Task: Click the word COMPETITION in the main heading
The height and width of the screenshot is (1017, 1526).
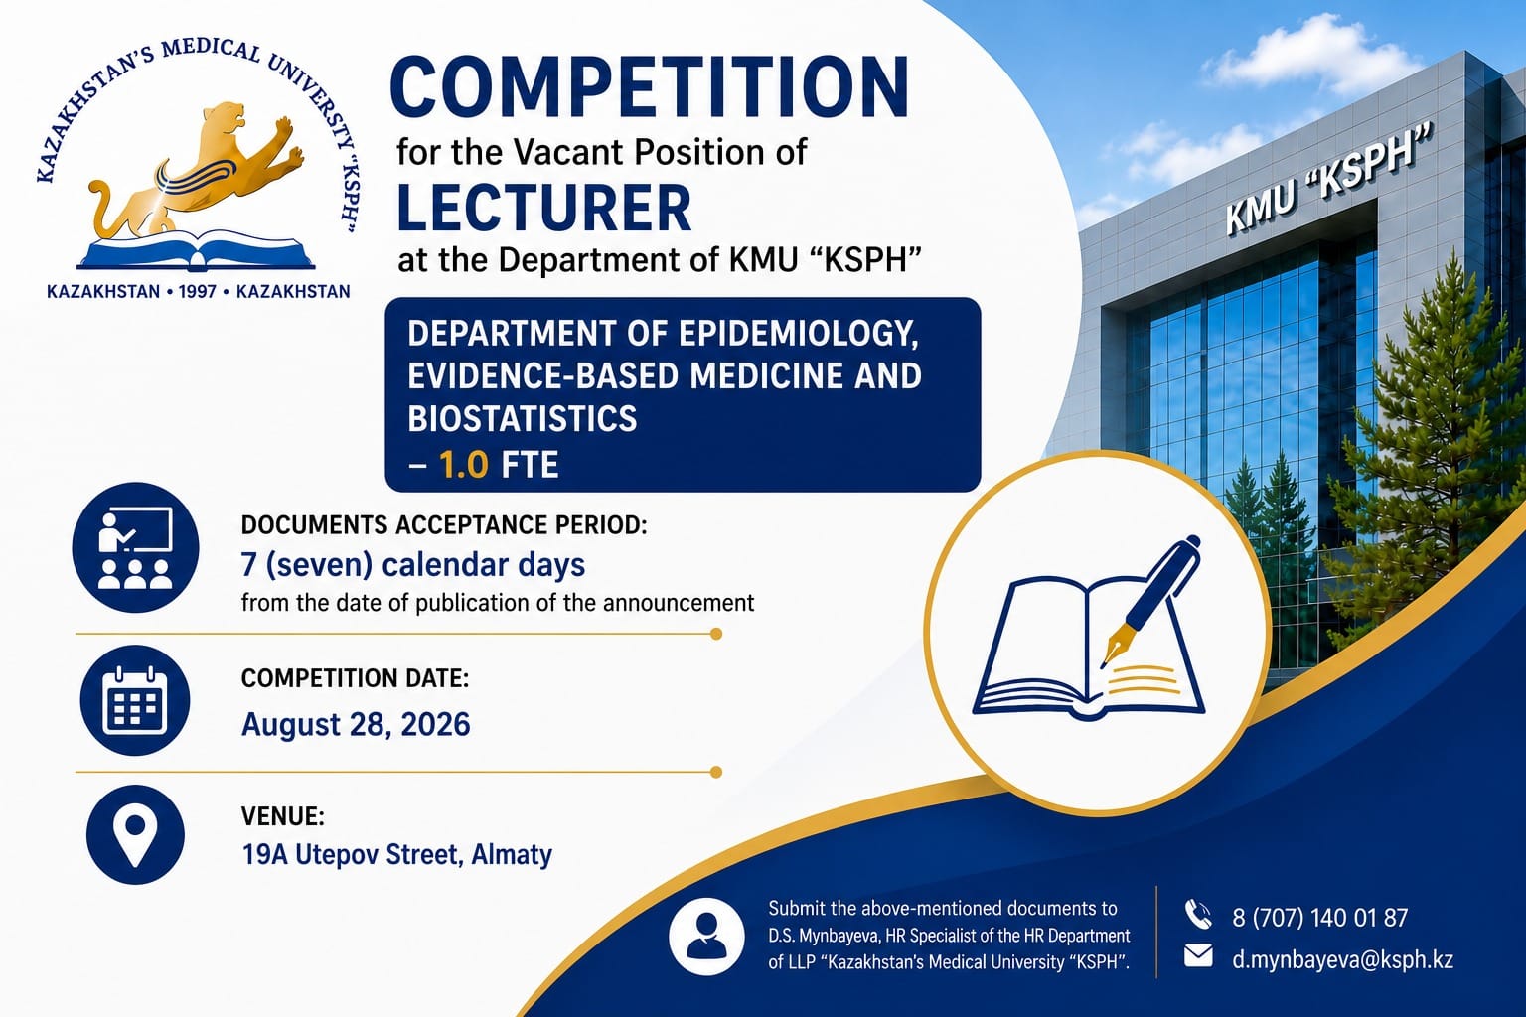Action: click(649, 88)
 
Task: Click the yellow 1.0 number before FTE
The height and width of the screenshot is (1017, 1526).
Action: click(464, 465)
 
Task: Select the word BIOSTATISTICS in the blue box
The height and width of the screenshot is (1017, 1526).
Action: click(522, 418)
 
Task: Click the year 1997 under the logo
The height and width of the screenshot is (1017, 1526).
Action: click(197, 292)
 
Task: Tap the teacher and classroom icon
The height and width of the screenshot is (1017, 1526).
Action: click(135, 547)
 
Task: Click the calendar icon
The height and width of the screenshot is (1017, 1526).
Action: click(135, 701)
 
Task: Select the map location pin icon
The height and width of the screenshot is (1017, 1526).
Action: click(135, 834)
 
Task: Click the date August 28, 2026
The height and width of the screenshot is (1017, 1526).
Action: click(356, 724)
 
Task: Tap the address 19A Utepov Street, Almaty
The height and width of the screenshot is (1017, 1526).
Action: click(397, 855)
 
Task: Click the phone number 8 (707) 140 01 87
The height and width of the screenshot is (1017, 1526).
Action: click(1319, 918)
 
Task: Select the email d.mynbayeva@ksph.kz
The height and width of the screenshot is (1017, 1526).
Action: click(1343, 959)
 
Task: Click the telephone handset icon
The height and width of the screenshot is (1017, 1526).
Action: click(1198, 914)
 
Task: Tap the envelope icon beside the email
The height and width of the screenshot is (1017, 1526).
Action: click(1198, 955)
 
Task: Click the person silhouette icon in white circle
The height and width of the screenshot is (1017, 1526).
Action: click(706, 936)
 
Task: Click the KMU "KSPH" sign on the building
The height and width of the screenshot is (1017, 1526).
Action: click(1328, 181)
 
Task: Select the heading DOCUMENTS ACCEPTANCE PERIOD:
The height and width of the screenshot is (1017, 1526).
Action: click(444, 525)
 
